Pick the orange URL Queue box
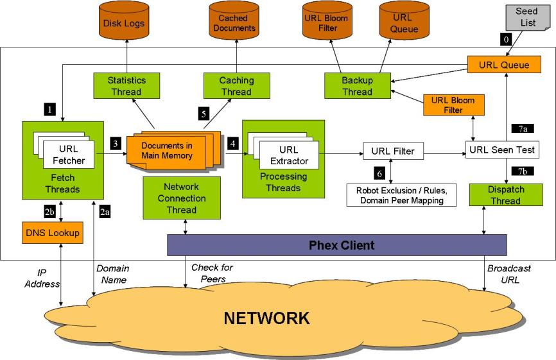[x=507, y=65]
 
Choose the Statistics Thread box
[x=126, y=86]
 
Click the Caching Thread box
[x=237, y=86]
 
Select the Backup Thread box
[x=357, y=86]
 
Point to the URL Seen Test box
[x=501, y=151]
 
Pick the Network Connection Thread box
[x=182, y=198]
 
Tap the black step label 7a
[x=523, y=129]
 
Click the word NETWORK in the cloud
[x=266, y=318]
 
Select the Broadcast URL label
[x=508, y=274]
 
